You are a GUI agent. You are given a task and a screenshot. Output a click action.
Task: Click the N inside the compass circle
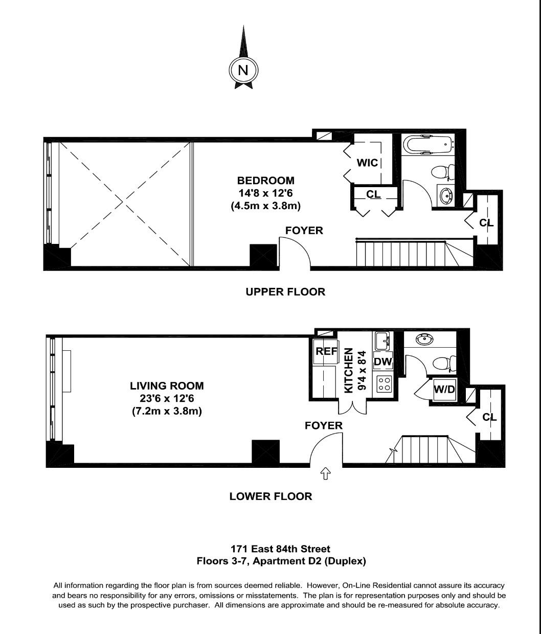(243, 70)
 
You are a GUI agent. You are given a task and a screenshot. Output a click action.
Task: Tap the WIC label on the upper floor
(367, 163)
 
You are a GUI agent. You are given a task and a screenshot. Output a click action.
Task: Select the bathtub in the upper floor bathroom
(428, 145)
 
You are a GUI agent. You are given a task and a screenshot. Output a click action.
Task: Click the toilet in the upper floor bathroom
(443, 172)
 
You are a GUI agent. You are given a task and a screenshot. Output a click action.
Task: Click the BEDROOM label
(265, 180)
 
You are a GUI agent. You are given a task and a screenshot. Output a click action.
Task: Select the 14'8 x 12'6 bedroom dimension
(265, 193)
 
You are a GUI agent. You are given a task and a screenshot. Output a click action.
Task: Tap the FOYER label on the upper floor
(304, 231)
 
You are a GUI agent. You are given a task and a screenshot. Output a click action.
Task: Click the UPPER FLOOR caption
(285, 292)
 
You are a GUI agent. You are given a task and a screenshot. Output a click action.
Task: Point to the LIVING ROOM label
(167, 386)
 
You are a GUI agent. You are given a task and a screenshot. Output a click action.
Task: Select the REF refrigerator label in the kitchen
(326, 351)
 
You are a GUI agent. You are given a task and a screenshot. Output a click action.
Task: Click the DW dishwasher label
(382, 361)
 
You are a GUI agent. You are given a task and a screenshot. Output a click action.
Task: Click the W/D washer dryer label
(444, 389)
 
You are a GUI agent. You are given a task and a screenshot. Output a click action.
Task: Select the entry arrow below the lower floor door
(325, 474)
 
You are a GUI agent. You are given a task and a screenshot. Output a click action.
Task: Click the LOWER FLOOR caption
(270, 496)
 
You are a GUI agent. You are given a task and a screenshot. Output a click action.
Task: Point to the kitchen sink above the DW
(382, 340)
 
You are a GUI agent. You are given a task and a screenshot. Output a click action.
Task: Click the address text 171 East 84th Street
(280, 549)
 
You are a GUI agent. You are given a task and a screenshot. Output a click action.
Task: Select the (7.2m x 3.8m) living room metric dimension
(167, 411)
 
